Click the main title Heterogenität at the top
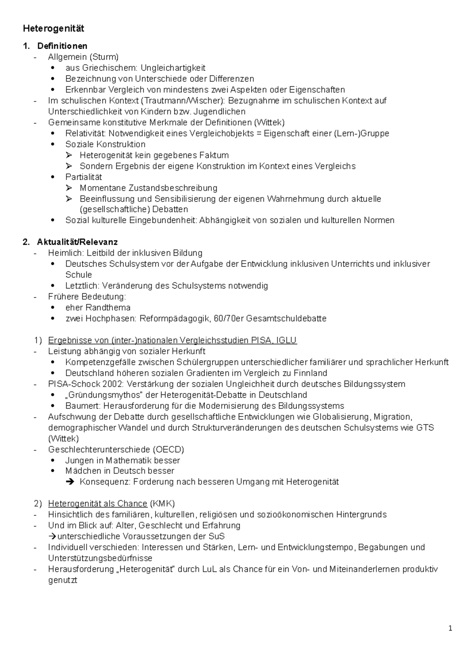[x=53, y=28]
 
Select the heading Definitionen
[x=62, y=46]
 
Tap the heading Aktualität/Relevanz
[x=77, y=242]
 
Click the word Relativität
[x=86, y=133]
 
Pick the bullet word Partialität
[x=84, y=177]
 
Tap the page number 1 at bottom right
[x=450, y=628]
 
